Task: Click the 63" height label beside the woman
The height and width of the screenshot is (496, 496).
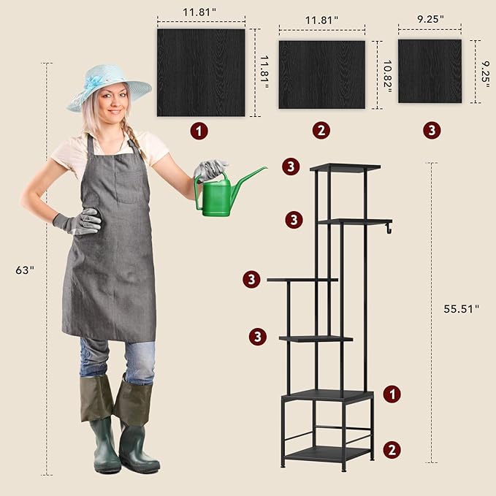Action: [25, 270]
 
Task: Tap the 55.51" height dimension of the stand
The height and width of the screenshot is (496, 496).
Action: [461, 309]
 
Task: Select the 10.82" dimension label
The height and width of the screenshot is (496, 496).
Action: [387, 76]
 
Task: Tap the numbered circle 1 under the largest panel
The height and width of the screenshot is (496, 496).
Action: [199, 131]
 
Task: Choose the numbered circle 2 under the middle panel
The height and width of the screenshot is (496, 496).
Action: [321, 130]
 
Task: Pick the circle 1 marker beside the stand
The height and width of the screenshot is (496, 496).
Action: [392, 394]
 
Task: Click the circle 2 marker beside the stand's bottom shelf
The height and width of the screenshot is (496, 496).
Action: [392, 450]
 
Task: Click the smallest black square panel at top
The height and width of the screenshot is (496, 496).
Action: [430, 71]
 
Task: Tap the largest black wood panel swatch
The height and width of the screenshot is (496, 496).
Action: [201, 73]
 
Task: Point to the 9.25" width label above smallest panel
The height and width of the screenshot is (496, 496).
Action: [430, 19]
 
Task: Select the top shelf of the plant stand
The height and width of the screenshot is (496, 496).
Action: [345, 167]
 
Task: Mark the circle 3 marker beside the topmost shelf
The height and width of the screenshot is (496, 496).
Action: [291, 167]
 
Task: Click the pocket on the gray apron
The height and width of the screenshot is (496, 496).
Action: [131, 187]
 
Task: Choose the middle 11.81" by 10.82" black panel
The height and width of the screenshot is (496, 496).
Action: [322, 75]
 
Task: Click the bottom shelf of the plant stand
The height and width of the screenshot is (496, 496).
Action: [329, 454]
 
